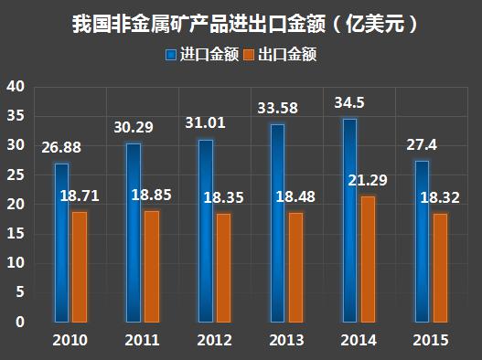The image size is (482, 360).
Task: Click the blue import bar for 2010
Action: pos(61,243)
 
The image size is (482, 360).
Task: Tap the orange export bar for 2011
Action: pos(151,266)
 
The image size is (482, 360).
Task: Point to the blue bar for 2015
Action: pos(422,241)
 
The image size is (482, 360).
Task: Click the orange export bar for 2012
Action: pos(224,268)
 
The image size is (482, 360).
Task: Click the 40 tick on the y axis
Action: pos(16,87)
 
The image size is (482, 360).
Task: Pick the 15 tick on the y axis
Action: pos(16,234)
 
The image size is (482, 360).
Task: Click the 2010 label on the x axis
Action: pos(70,340)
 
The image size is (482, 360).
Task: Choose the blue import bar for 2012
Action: pos(206,231)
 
